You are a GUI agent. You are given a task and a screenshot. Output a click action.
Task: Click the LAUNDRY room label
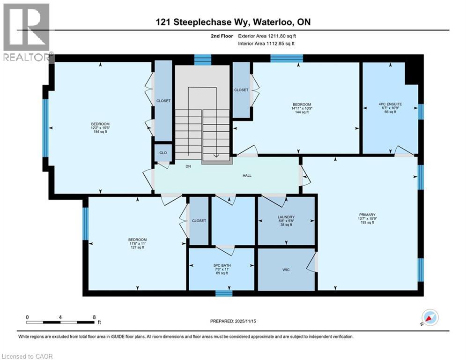286,217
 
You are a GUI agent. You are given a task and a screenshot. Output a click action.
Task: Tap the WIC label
286,270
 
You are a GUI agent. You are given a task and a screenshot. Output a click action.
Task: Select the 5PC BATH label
222,265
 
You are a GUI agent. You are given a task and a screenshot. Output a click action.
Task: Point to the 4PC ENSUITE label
390,104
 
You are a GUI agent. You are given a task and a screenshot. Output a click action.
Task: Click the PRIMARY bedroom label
367,215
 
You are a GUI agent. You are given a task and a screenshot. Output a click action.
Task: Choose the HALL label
247,175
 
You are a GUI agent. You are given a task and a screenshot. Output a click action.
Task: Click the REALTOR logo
27,32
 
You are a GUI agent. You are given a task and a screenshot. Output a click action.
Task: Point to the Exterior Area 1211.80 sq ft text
266,36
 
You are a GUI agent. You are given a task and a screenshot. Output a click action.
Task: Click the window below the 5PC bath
224,293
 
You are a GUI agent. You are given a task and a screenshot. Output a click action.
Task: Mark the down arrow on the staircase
216,156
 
